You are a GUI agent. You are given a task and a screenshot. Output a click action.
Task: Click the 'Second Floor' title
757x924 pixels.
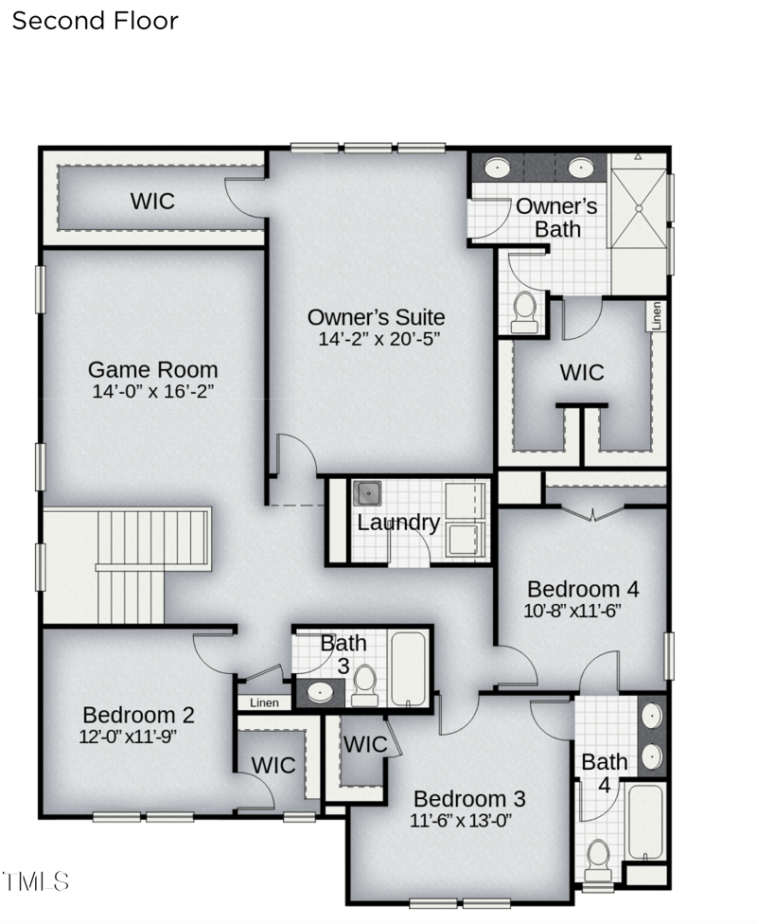(x=95, y=21)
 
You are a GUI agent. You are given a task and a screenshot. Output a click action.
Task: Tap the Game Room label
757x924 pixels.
(x=152, y=369)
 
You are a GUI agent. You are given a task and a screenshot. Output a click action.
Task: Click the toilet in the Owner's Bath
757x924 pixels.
(x=524, y=312)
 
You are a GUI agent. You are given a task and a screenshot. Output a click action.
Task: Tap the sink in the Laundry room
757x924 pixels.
(x=367, y=493)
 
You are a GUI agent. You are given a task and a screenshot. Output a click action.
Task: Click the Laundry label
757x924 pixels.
(x=398, y=523)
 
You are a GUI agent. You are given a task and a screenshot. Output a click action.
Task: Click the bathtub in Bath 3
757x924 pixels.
(x=409, y=667)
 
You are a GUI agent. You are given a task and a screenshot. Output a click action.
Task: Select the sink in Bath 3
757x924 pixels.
(x=322, y=692)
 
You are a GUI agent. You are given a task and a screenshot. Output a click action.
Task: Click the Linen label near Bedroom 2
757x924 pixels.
(x=264, y=703)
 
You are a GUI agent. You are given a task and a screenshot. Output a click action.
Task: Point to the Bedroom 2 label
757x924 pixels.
(x=138, y=715)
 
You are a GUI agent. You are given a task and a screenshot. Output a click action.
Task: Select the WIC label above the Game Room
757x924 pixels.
(x=152, y=201)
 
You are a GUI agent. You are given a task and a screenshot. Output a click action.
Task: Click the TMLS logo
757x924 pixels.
(x=36, y=881)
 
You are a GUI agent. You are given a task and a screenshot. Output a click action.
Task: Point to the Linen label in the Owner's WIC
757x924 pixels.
(x=656, y=316)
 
